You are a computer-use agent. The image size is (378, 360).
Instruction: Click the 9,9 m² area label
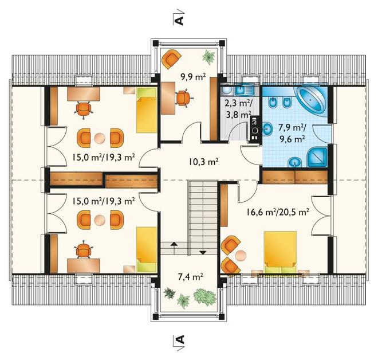click(x=193, y=77)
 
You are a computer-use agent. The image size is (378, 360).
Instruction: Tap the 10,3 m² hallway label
click(x=203, y=162)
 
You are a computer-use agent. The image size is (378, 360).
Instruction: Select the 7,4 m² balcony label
click(x=190, y=277)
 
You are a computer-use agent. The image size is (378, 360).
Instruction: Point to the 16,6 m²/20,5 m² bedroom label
click(x=278, y=212)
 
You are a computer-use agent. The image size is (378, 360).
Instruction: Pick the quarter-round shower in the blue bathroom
click(x=318, y=157)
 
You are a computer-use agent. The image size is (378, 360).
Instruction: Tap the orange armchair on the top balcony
click(x=171, y=59)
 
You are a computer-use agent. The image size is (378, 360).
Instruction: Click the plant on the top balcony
click(x=208, y=57)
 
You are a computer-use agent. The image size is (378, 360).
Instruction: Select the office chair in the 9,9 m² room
click(x=184, y=98)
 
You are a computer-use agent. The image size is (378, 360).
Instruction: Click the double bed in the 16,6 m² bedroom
click(x=280, y=252)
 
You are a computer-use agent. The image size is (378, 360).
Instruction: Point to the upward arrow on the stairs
click(x=174, y=247)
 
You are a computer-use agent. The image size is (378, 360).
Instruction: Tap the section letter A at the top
click(x=179, y=21)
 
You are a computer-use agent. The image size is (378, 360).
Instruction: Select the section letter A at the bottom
click(x=179, y=339)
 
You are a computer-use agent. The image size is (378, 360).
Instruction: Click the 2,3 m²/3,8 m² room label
click(x=238, y=109)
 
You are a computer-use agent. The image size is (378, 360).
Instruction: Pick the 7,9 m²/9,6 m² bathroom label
click(x=292, y=133)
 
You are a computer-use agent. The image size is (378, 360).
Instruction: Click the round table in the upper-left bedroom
click(x=100, y=139)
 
